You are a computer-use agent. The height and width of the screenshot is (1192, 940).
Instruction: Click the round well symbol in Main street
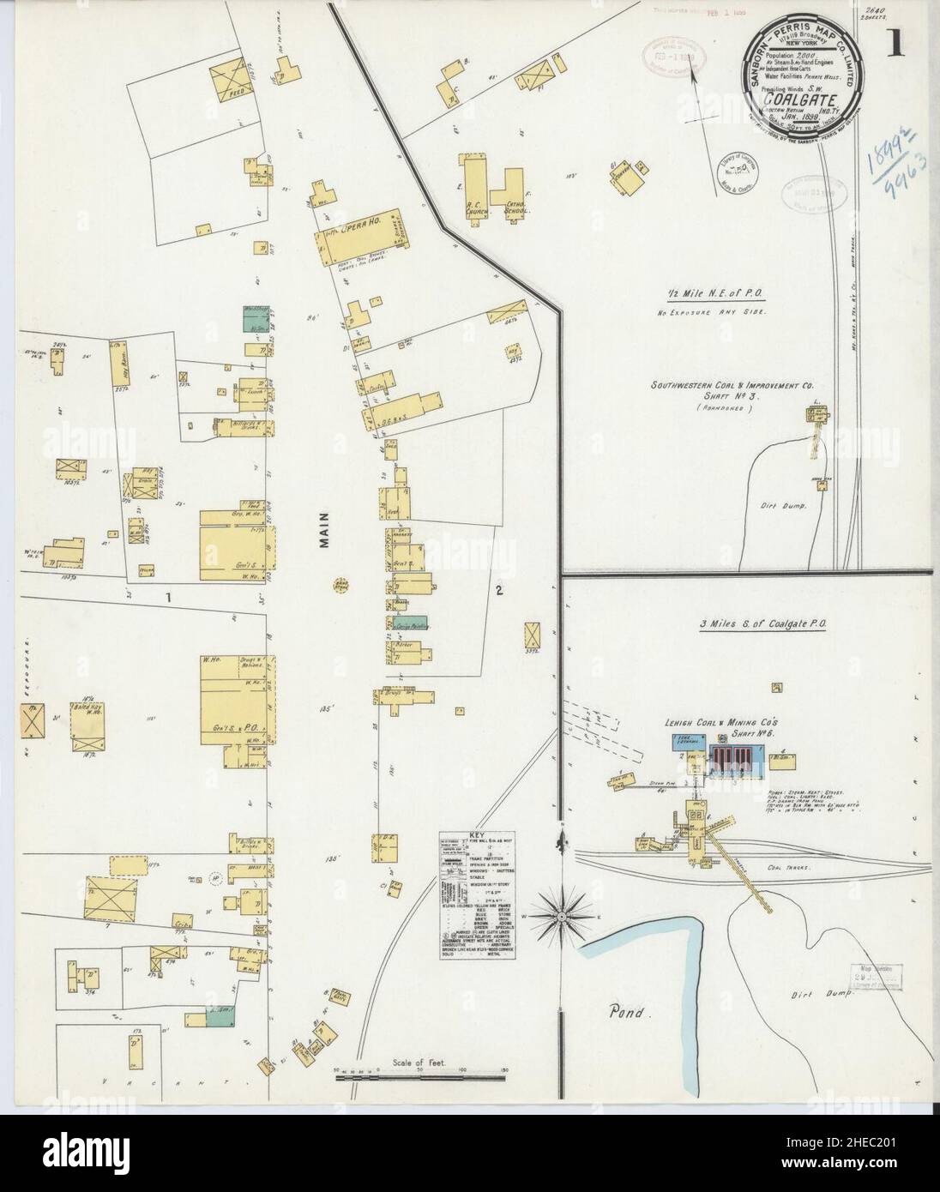(x=340, y=586)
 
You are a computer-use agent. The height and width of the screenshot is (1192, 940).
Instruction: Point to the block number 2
(x=497, y=591)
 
